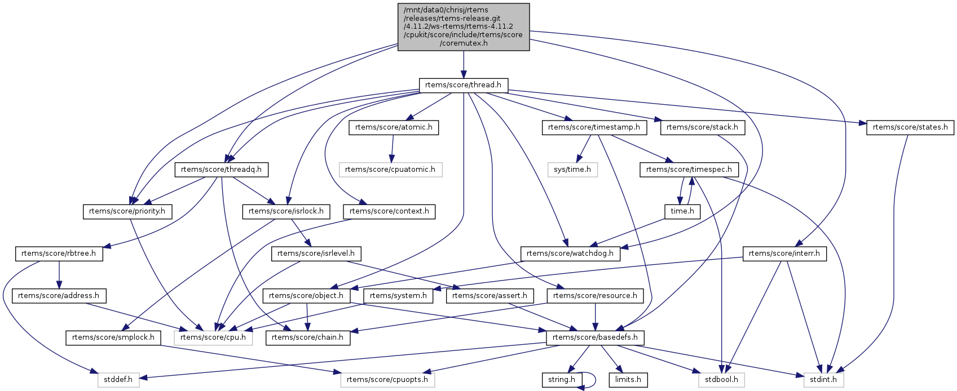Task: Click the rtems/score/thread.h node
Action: coord(463,85)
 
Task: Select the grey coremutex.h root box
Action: coord(464,26)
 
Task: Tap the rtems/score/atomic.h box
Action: coord(394,127)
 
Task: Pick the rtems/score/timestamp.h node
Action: coord(594,127)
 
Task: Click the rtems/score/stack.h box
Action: coord(702,127)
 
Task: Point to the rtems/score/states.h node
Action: coord(910,127)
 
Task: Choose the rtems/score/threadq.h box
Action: coord(222,169)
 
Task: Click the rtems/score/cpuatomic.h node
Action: coord(390,169)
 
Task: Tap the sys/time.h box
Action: coord(572,169)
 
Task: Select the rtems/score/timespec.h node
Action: coord(689,169)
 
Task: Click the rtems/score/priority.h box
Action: coord(127,211)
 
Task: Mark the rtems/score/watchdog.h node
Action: coord(570,254)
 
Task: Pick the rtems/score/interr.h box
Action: coord(784,254)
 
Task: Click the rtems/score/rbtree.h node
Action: coord(59,254)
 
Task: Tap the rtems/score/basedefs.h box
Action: coord(595,337)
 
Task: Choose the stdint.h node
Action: coord(823,380)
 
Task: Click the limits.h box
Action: coord(628,380)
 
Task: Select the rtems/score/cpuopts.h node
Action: coord(387,380)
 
